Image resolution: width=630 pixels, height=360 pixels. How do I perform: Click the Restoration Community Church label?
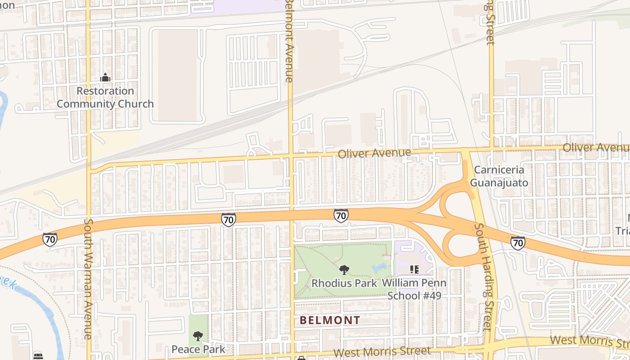coord(105,97)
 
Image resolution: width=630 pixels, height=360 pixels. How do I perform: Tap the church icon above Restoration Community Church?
coord(105,78)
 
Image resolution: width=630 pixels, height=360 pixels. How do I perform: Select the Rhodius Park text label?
coord(344,283)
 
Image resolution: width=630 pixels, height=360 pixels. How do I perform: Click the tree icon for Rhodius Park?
coord(344,270)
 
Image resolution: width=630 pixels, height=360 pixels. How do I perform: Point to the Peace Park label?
coord(198,349)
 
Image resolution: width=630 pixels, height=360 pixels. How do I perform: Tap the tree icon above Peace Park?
coord(198,336)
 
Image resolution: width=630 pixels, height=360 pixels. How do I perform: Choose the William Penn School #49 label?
coord(414,289)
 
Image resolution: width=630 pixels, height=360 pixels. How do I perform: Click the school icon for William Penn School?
coord(414,270)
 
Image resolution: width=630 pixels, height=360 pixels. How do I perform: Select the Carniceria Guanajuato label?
coord(499,176)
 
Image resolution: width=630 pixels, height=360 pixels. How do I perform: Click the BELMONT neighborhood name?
coord(330,320)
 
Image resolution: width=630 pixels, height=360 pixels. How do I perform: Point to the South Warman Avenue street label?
coord(88,279)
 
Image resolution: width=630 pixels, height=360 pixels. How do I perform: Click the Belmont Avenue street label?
coord(289,40)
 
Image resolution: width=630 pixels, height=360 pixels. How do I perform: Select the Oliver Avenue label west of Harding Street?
coord(374,153)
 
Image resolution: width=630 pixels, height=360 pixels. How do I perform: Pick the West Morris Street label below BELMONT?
coord(382,351)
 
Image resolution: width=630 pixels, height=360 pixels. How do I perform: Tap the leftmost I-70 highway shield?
coord(50,239)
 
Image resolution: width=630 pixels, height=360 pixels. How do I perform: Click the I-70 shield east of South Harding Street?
coord(518,243)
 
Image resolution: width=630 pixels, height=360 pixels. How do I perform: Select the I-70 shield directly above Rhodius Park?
coord(341,216)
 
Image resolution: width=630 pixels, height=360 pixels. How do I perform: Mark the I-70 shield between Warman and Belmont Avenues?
coord(229,220)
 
